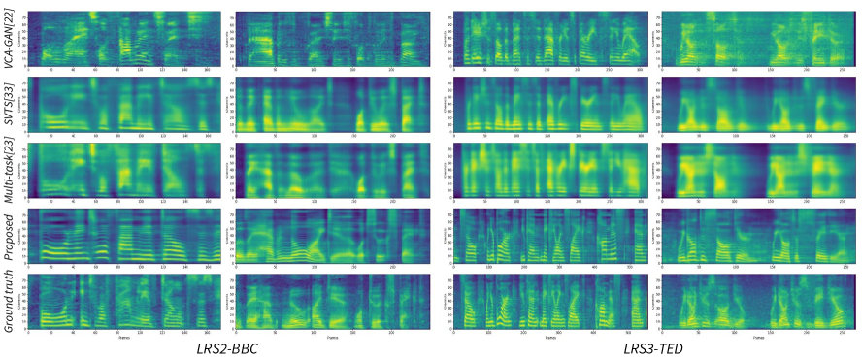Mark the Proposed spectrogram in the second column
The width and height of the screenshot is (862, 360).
point(319,235)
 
